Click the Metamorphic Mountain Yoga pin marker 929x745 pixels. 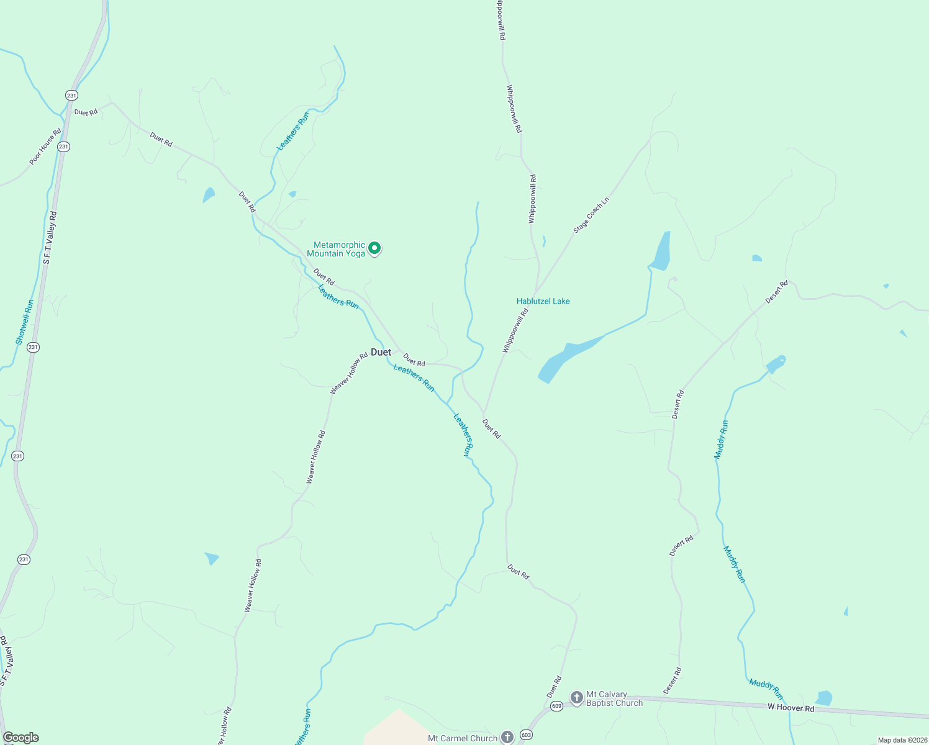(x=374, y=248)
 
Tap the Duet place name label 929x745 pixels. (x=381, y=352)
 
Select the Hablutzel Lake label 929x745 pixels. (x=543, y=301)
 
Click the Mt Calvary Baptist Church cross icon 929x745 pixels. (x=576, y=698)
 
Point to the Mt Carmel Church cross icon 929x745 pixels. (x=507, y=738)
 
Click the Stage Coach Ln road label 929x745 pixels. (x=591, y=215)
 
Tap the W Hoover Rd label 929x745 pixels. (x=790, y=708)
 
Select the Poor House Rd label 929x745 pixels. (x=45, y=147)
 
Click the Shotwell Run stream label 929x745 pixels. (x=25, y=322)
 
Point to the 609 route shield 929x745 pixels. (x=556, y=706)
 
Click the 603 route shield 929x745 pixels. (x=527, y=735)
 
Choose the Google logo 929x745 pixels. (x=20, y=738)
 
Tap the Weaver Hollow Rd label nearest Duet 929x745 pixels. (x=349, y=374)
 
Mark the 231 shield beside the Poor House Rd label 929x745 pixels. (x=63, y=147)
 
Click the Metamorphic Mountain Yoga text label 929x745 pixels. (x=336, y=249)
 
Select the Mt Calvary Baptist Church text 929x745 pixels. (x=614, y=698)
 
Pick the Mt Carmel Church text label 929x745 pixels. (x=463, y=738)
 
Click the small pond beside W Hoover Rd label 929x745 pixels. (x=823, y=698)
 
